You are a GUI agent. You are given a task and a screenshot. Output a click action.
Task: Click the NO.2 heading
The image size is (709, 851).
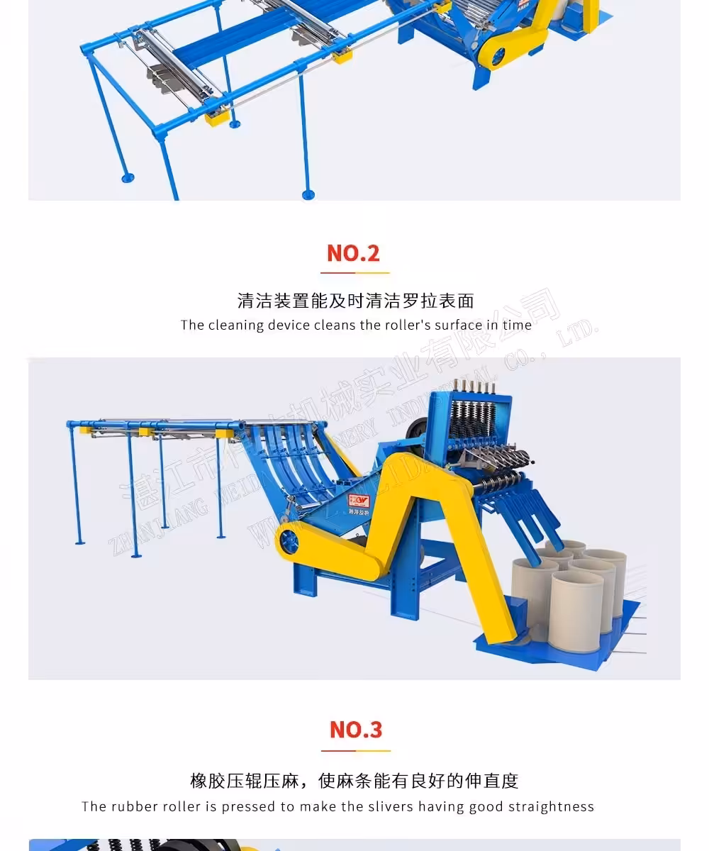[x=353, y=253]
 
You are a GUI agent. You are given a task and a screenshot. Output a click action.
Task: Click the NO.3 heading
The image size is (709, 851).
[x=355, y=730]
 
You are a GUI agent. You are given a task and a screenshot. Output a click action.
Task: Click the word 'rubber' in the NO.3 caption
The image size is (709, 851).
[x=135, y=806]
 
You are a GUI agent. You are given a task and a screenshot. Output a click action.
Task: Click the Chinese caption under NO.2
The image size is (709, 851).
[x=355, y=301]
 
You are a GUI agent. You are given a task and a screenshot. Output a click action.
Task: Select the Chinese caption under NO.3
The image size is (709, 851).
[x=354, y=781]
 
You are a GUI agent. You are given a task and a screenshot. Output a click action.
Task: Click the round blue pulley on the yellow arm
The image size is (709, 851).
[x=289, y=541]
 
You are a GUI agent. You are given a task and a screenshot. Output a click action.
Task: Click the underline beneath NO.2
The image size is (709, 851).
[x=354, y=272]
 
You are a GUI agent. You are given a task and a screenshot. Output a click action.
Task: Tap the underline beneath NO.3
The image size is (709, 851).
[x=355, y=750]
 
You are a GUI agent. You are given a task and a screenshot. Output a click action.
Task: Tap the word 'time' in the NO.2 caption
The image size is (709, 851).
[x=517, y=326]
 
